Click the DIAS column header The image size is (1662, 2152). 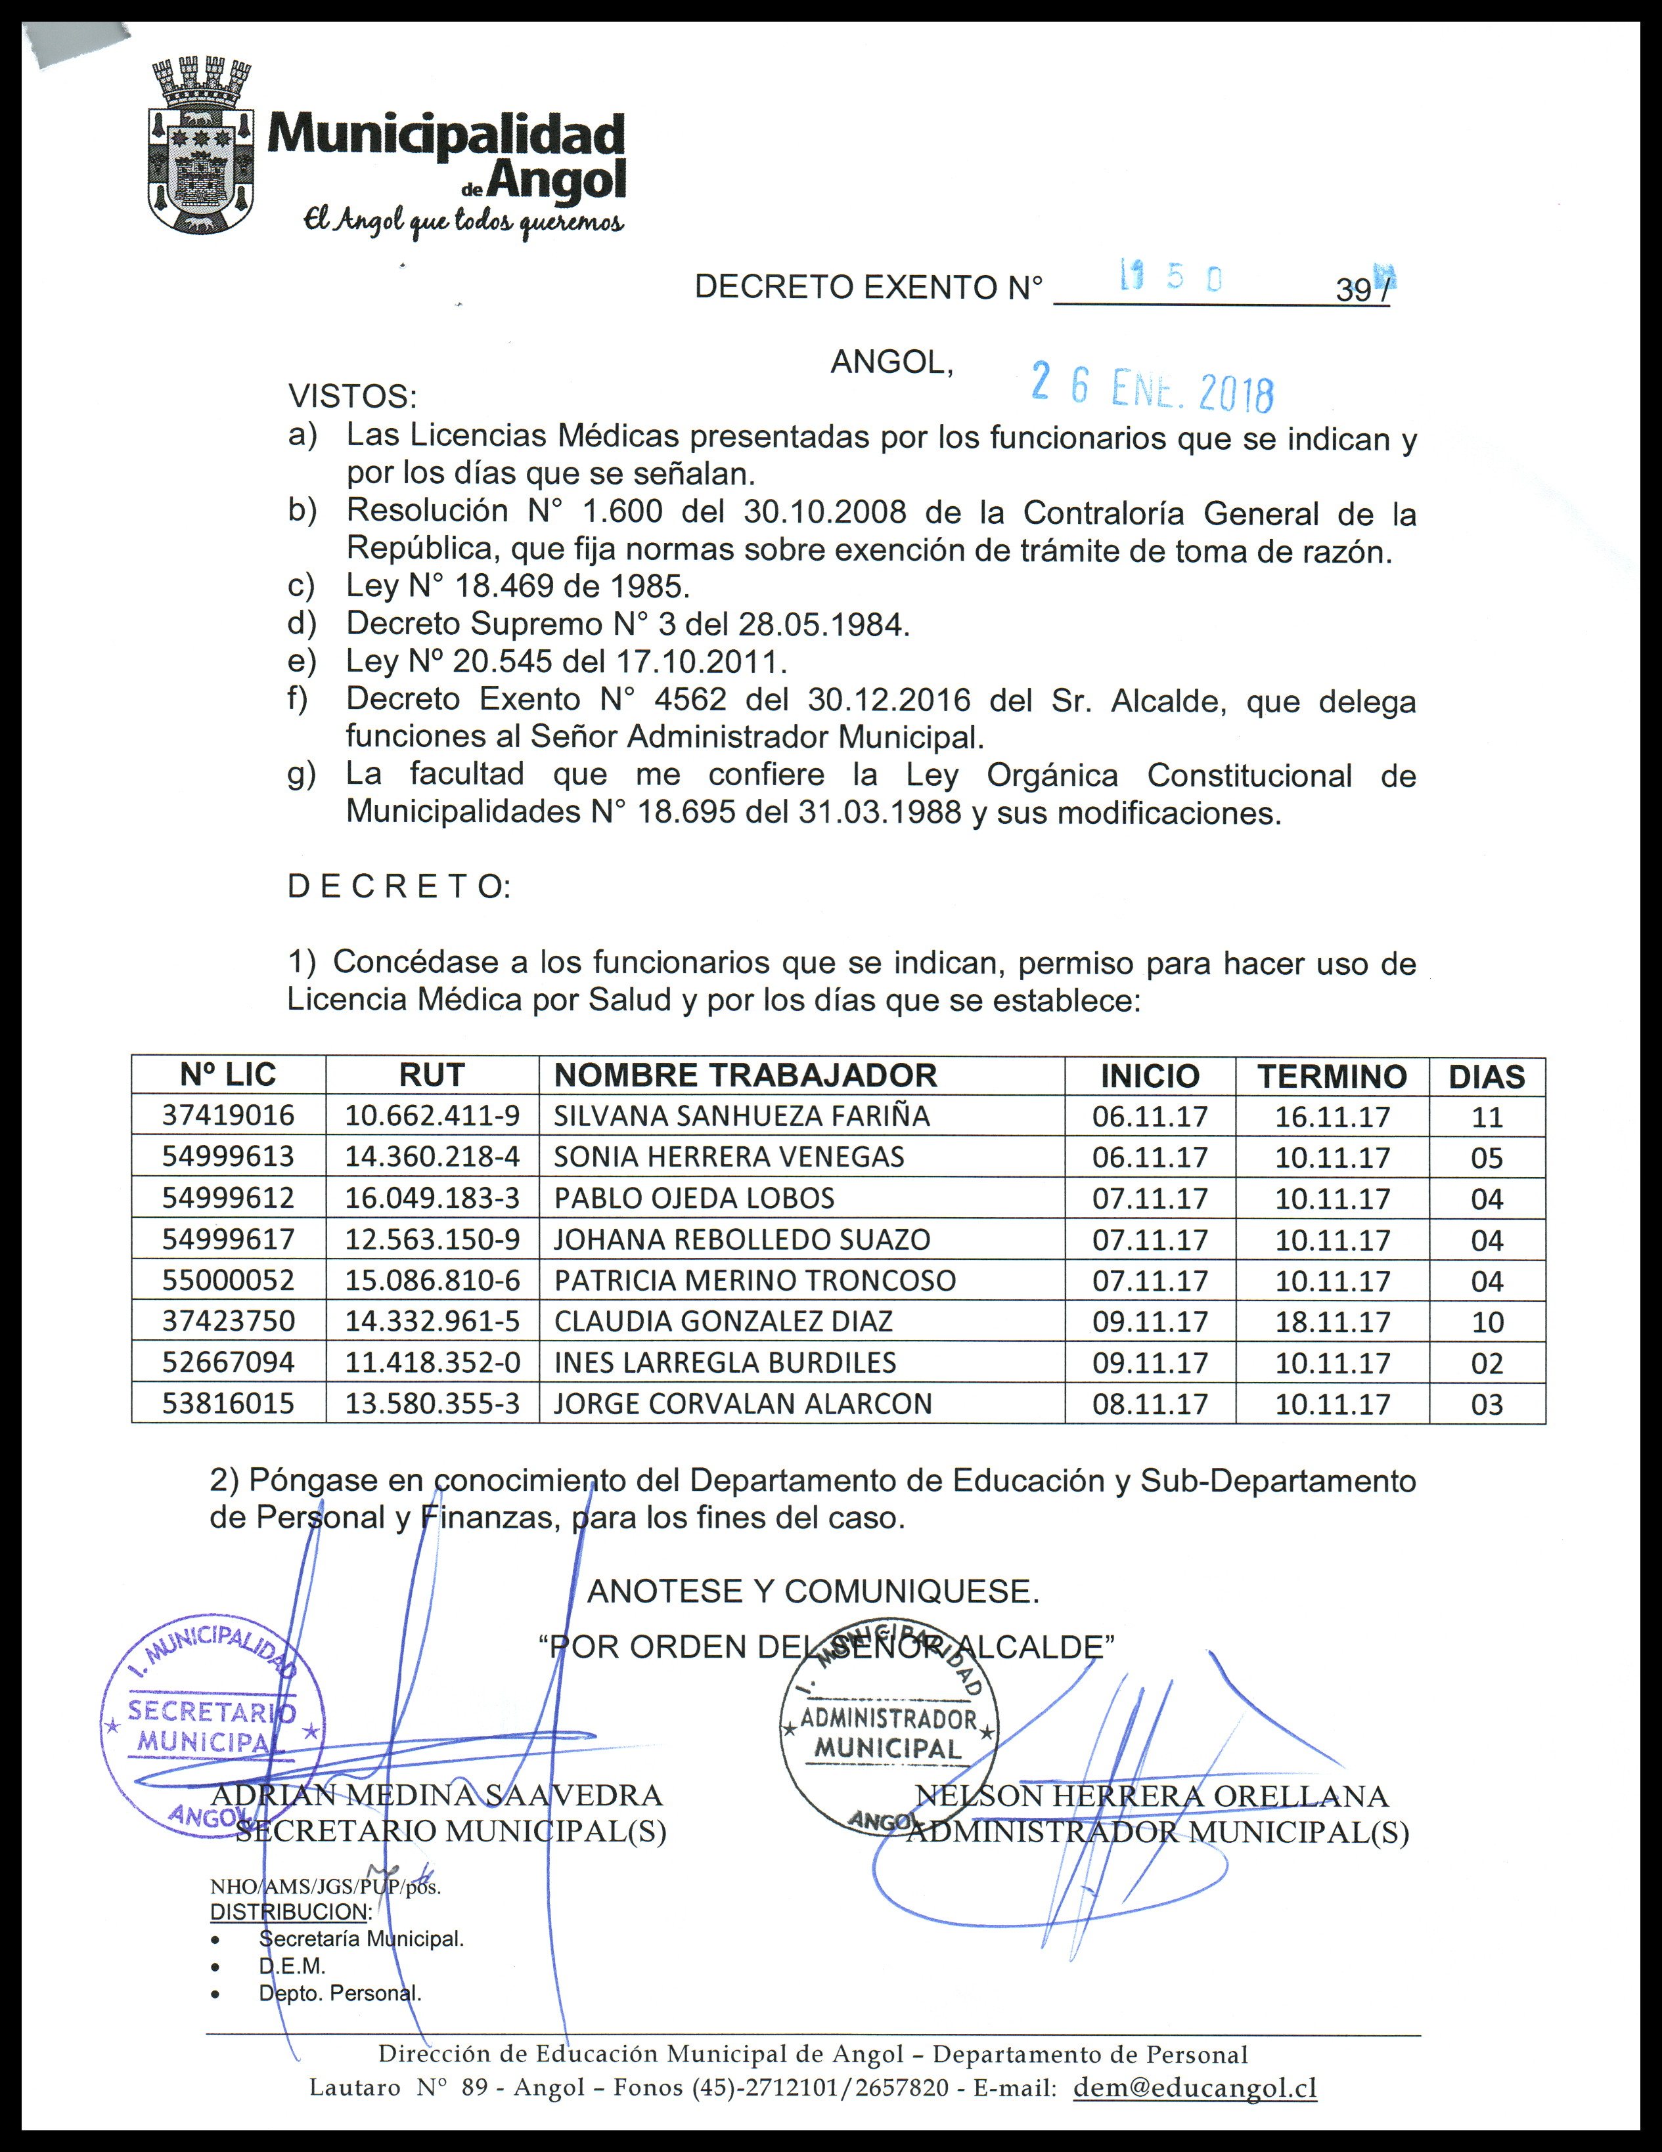[x=1487, y=1076]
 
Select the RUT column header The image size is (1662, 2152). [x=432, y=1075]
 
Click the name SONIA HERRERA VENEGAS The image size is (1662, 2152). [x=729, y=1157]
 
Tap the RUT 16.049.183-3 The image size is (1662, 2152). [x=432, y=1198]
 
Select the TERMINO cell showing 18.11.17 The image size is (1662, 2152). [x=1332, y=1322]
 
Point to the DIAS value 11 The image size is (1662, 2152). [x=1487, y=1117]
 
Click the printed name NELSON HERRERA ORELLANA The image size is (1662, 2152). [x=1152, y=1796]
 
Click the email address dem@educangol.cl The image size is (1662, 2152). [x=1195, y=2088]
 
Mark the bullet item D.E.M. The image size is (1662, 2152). [x=292, y=1966]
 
